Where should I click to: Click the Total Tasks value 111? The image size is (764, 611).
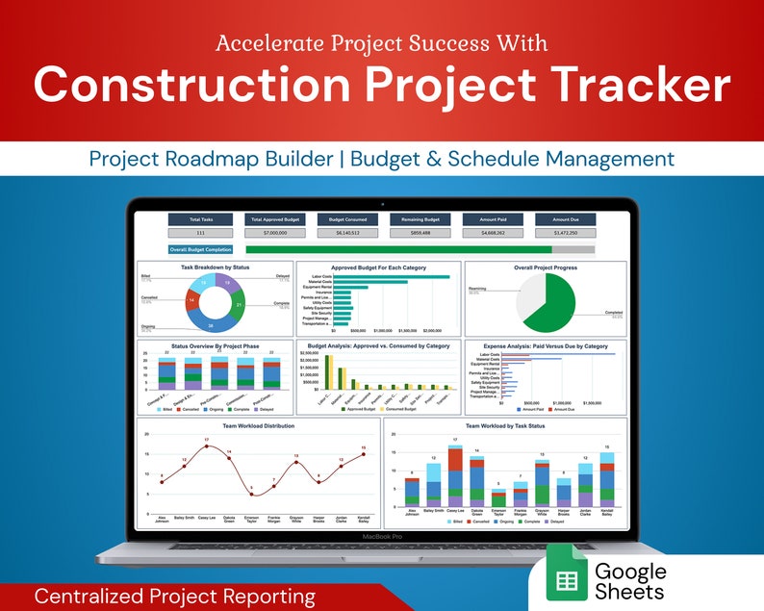click(x=200, y=233)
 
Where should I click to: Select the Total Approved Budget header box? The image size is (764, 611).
click(x=272, y=219)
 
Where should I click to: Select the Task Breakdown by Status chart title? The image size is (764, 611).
click(x=215, y=267)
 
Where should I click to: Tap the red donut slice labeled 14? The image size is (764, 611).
click(x=194, y=300)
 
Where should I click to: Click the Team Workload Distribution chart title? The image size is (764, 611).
click(x=257, y=424)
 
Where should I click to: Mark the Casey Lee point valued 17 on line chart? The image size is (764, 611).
click(x=206, y=446)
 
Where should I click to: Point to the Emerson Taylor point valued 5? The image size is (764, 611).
click(x=251, y=494)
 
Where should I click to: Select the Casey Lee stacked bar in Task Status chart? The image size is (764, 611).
click(x=456, y=475)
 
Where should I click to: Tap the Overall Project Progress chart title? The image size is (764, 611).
click(x=545, y=267)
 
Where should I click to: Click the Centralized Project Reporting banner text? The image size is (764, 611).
click(x=174, y=597)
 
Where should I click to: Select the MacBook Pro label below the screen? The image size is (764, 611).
click(x=381, y=536)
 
